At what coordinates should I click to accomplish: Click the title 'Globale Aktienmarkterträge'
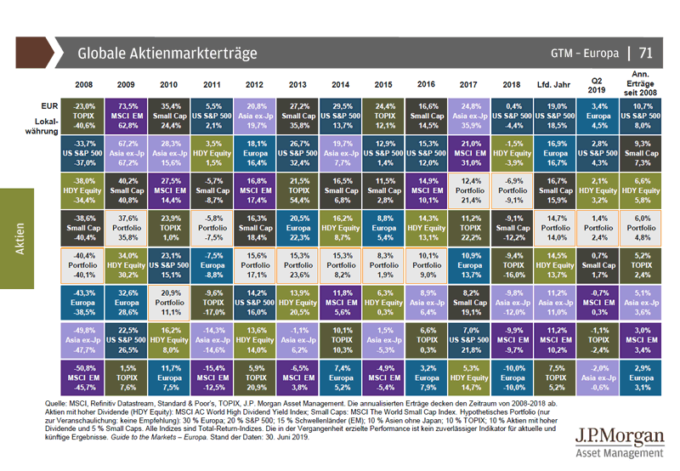pos(167,53)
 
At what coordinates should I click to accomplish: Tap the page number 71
pos(645,53)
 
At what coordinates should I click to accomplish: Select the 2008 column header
pos(84,86)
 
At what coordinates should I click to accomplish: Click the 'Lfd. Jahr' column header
pos(556,86)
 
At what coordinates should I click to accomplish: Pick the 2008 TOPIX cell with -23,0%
pos(84,114)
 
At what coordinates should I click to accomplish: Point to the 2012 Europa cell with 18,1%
pos(257,151)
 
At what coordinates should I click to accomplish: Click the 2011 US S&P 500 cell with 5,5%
pos(214,114)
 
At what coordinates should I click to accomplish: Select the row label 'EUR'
pos(49,105)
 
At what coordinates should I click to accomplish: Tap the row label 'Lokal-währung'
pos(42,125)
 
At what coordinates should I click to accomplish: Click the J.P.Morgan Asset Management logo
pos(617,445)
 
